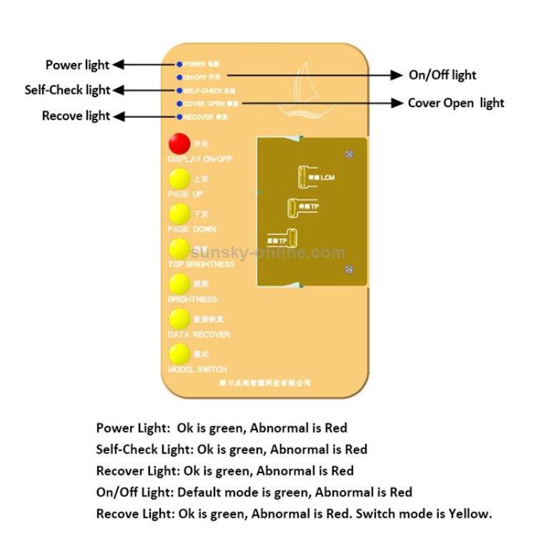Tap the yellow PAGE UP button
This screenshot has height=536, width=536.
(179, 179)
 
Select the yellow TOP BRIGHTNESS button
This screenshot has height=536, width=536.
(179, 249)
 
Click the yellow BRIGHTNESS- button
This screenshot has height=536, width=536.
(179, 284)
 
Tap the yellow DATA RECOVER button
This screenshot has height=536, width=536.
(179, 319)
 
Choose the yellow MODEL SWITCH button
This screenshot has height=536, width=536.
(179, 354)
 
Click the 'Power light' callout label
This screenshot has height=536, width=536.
(77, 65)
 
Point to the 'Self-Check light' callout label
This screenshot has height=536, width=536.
(67, 90)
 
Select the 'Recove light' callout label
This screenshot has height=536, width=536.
(76, 116)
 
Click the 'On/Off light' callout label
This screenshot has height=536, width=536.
(442, 75)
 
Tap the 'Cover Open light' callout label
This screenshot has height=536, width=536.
(456, 103)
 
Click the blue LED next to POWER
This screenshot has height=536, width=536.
(179, 64)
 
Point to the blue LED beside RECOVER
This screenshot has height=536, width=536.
(179, 116)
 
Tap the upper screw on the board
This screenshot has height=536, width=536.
(347, 154)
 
